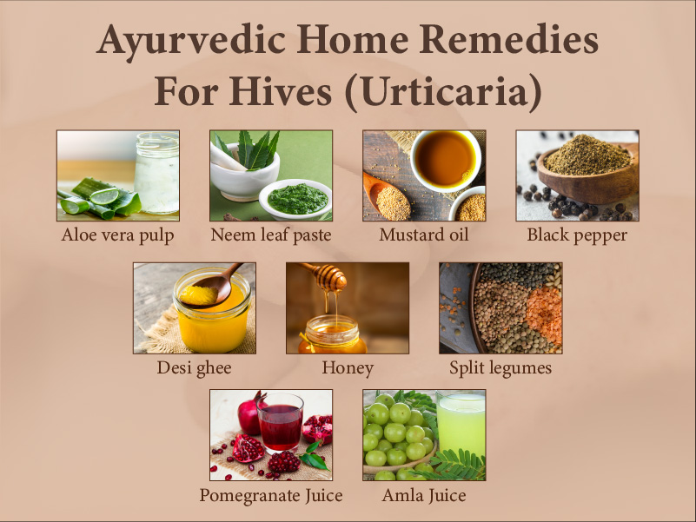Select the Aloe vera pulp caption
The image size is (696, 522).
click(x=118, y=235)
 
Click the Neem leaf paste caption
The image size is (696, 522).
click(x=270, y=235)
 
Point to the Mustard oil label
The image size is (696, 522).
click(x=423, y=235)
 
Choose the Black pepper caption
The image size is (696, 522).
click(x=577, y=235)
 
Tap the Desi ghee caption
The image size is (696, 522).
click(x=194, y=367)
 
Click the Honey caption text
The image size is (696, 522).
click(x=347, y=367)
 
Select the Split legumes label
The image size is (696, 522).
click(x=500, y=367)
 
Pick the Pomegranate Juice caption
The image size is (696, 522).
click(x=270, y=496)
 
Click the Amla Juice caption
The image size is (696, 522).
click(x=423, y=496)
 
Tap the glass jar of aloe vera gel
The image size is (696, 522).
click(x=157, y=174)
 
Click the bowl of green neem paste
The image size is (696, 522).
click(x=295, y=197)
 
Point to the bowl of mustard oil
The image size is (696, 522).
click(x=446, y=158)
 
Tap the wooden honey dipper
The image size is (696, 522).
click(x=330, y=277)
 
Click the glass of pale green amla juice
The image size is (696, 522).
click(x=461, y=425)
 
